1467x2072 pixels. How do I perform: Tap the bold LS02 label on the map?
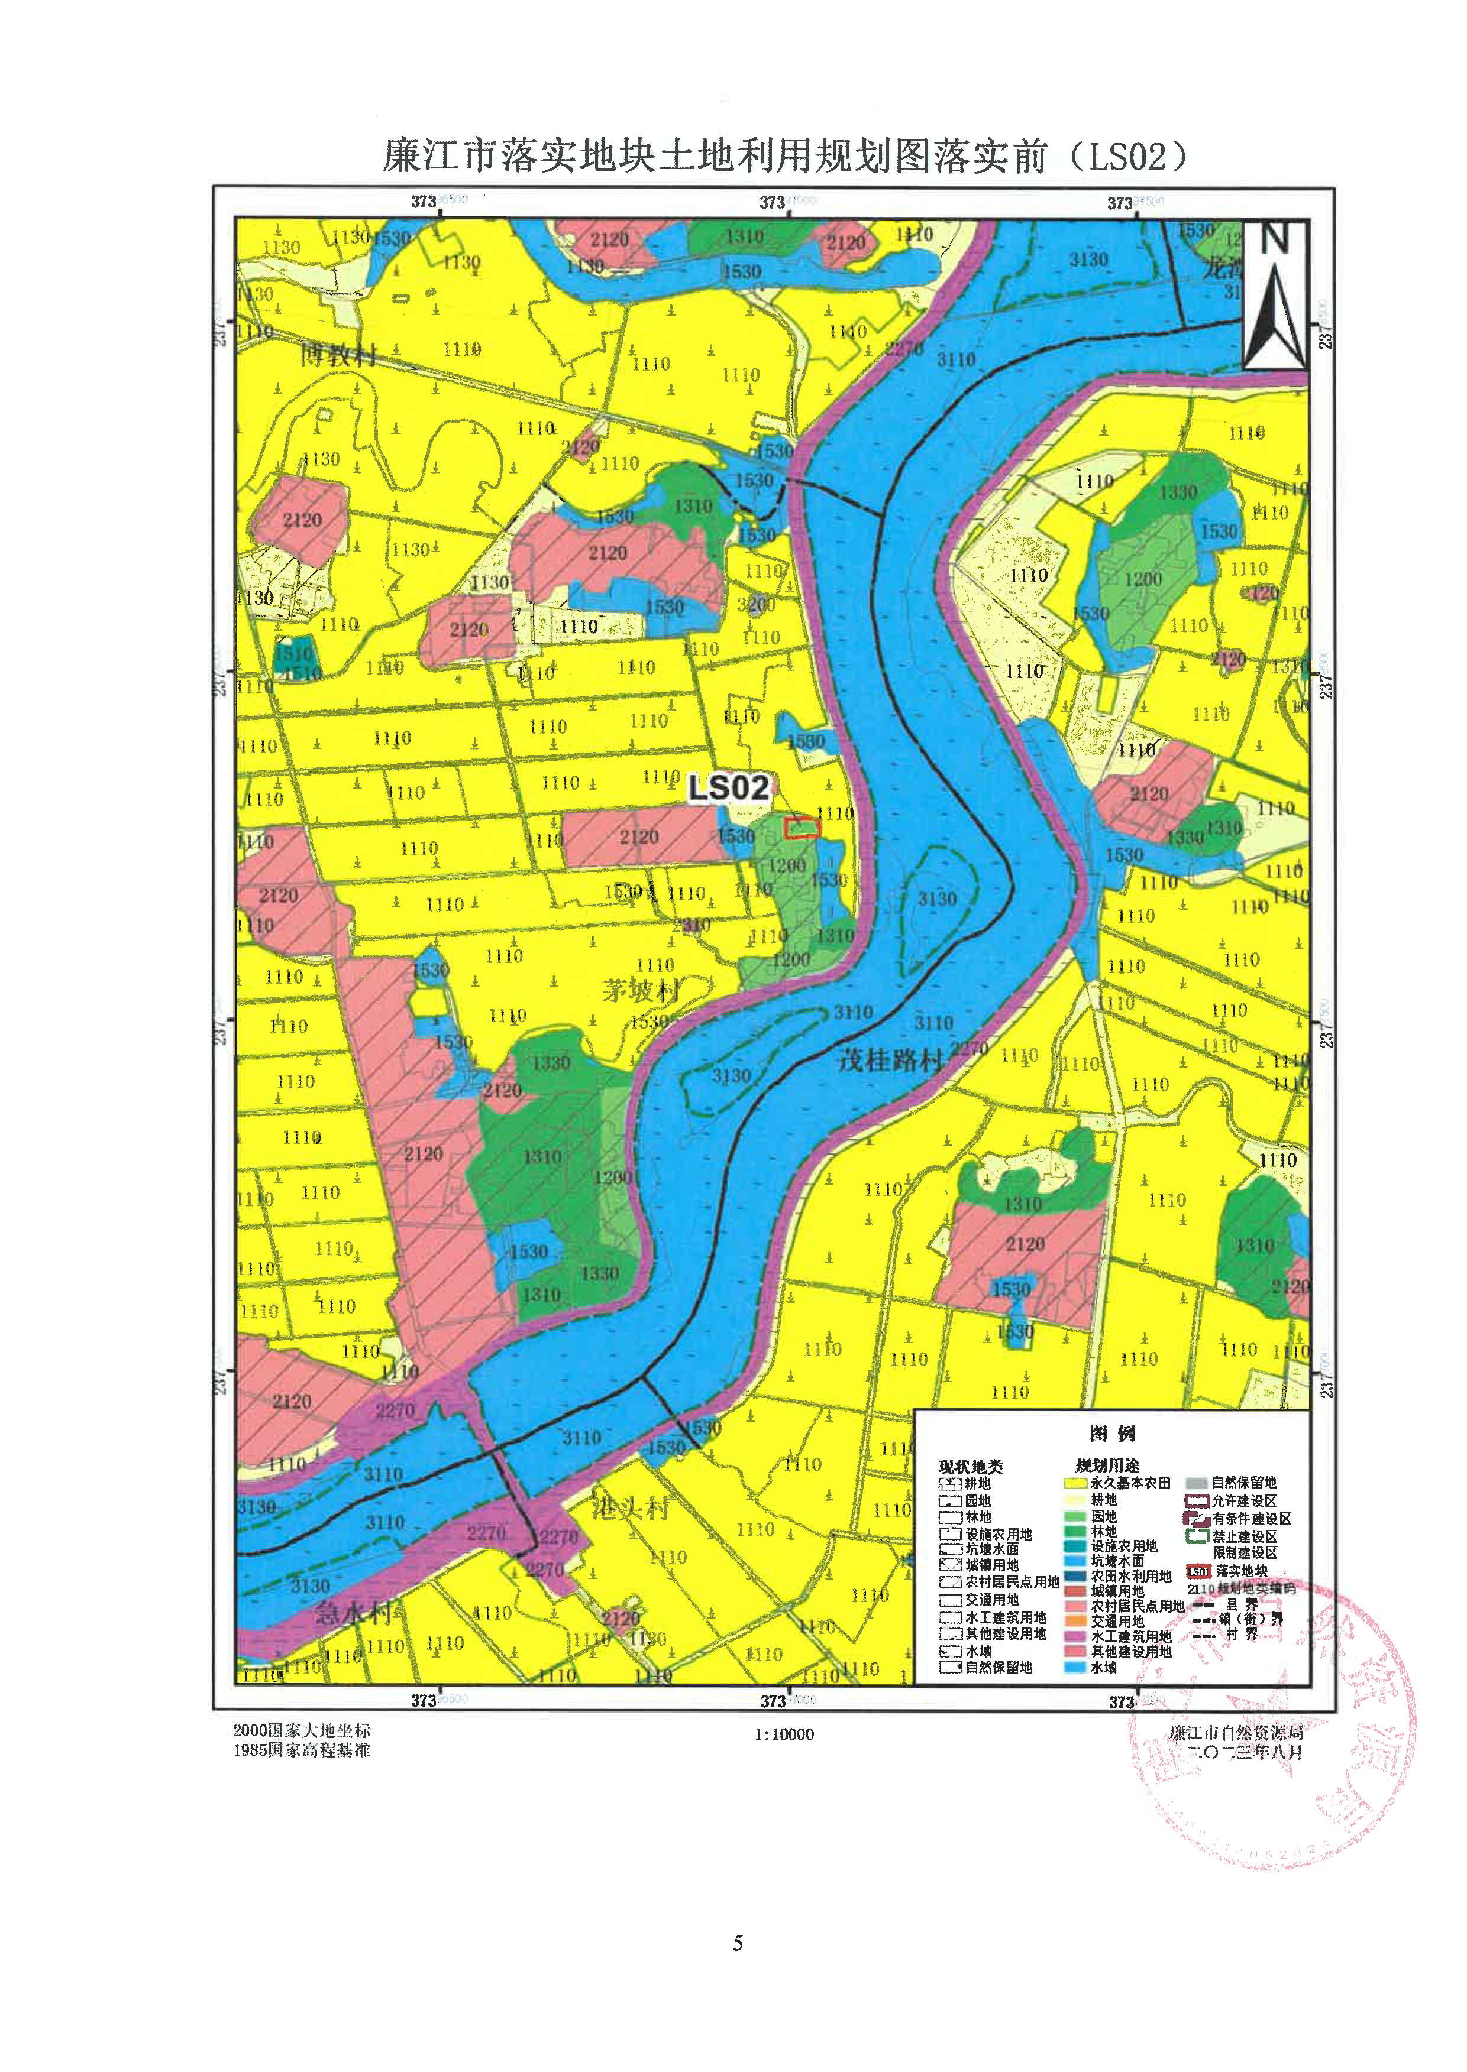point(728,788)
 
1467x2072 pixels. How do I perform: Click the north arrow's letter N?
point(1274,240)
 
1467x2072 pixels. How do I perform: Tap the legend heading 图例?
point(1112,1434)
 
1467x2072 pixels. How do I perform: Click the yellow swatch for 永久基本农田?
point(1074,1483)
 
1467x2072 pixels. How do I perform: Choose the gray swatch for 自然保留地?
point(1196,1483)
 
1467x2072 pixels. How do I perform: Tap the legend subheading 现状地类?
point(970,1466)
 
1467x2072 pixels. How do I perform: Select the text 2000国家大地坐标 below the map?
point(302,1730)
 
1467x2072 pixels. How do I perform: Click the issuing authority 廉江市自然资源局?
point(1236,1733)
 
